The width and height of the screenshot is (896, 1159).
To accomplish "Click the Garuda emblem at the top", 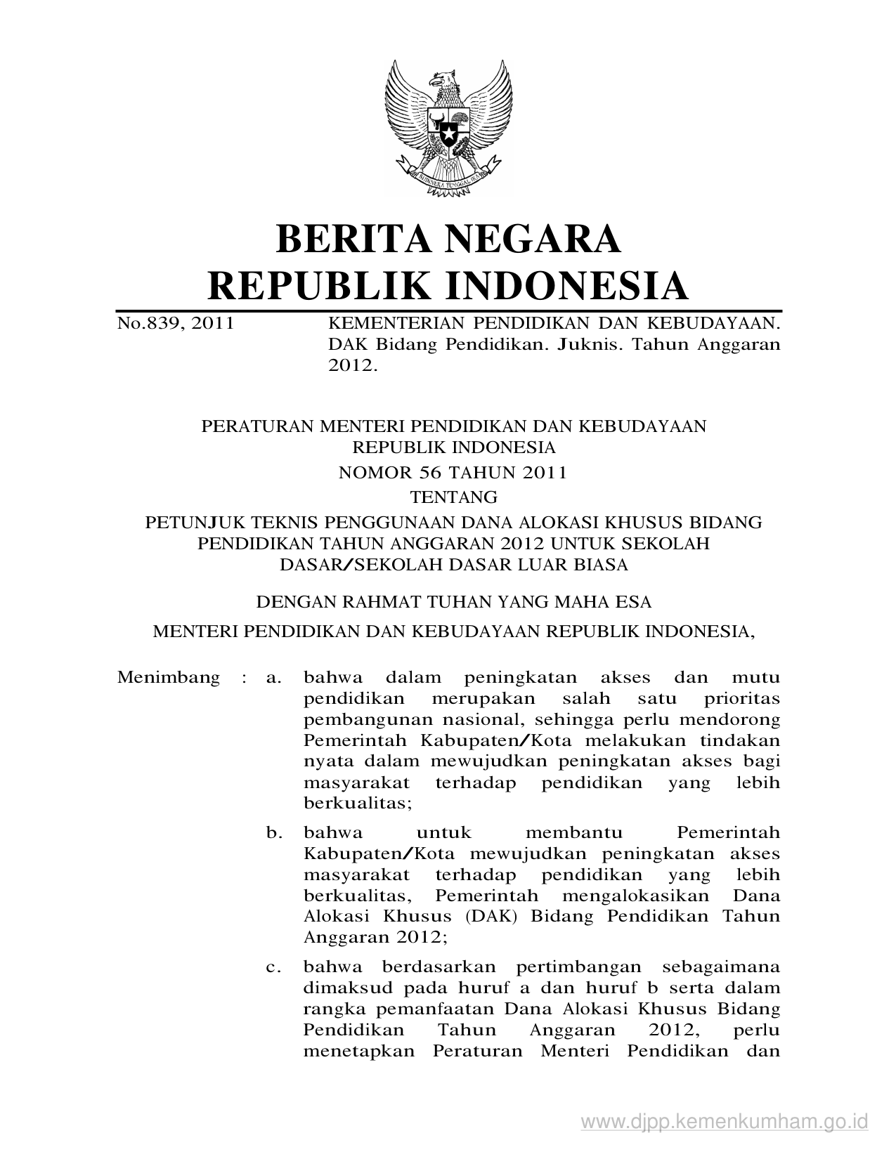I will pyautogui.click(x=448, y=126).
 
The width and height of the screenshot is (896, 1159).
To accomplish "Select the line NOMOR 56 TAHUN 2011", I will pyautogui.click(x=453, y=472).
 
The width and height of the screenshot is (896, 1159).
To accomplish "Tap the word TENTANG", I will pyautogui.click(x=453, y=497).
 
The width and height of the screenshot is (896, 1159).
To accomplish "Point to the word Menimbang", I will pyautogui.click(x=169, y=678).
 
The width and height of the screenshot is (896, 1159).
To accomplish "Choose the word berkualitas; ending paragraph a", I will pyautogui.click(x=358, y=804).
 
